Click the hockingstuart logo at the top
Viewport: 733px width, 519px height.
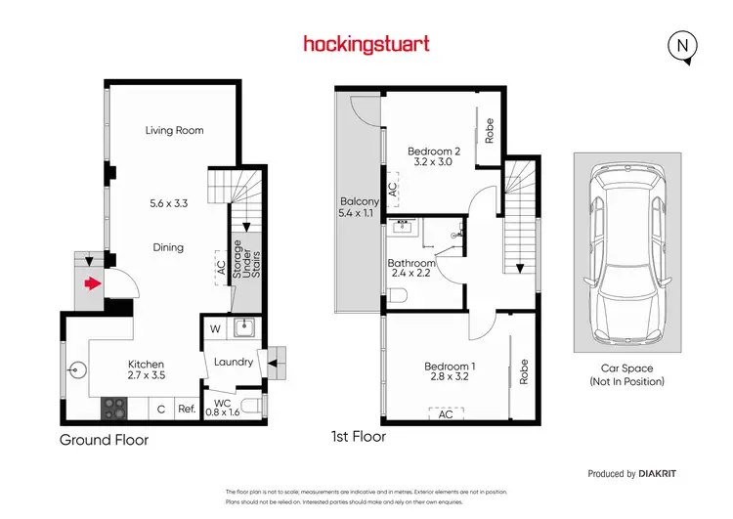(366, 44)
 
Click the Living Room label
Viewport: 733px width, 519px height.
(174, 130)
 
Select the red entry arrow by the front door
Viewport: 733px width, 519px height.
(92, 284)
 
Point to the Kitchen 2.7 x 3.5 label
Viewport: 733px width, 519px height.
(146, 368)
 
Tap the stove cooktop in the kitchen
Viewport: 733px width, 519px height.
(115, 404)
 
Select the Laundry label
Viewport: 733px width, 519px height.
(234, 362)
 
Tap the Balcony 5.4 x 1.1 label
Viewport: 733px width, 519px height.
(357, 207)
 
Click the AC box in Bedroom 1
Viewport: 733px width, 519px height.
(446, 413)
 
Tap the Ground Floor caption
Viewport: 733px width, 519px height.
(105, 440)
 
